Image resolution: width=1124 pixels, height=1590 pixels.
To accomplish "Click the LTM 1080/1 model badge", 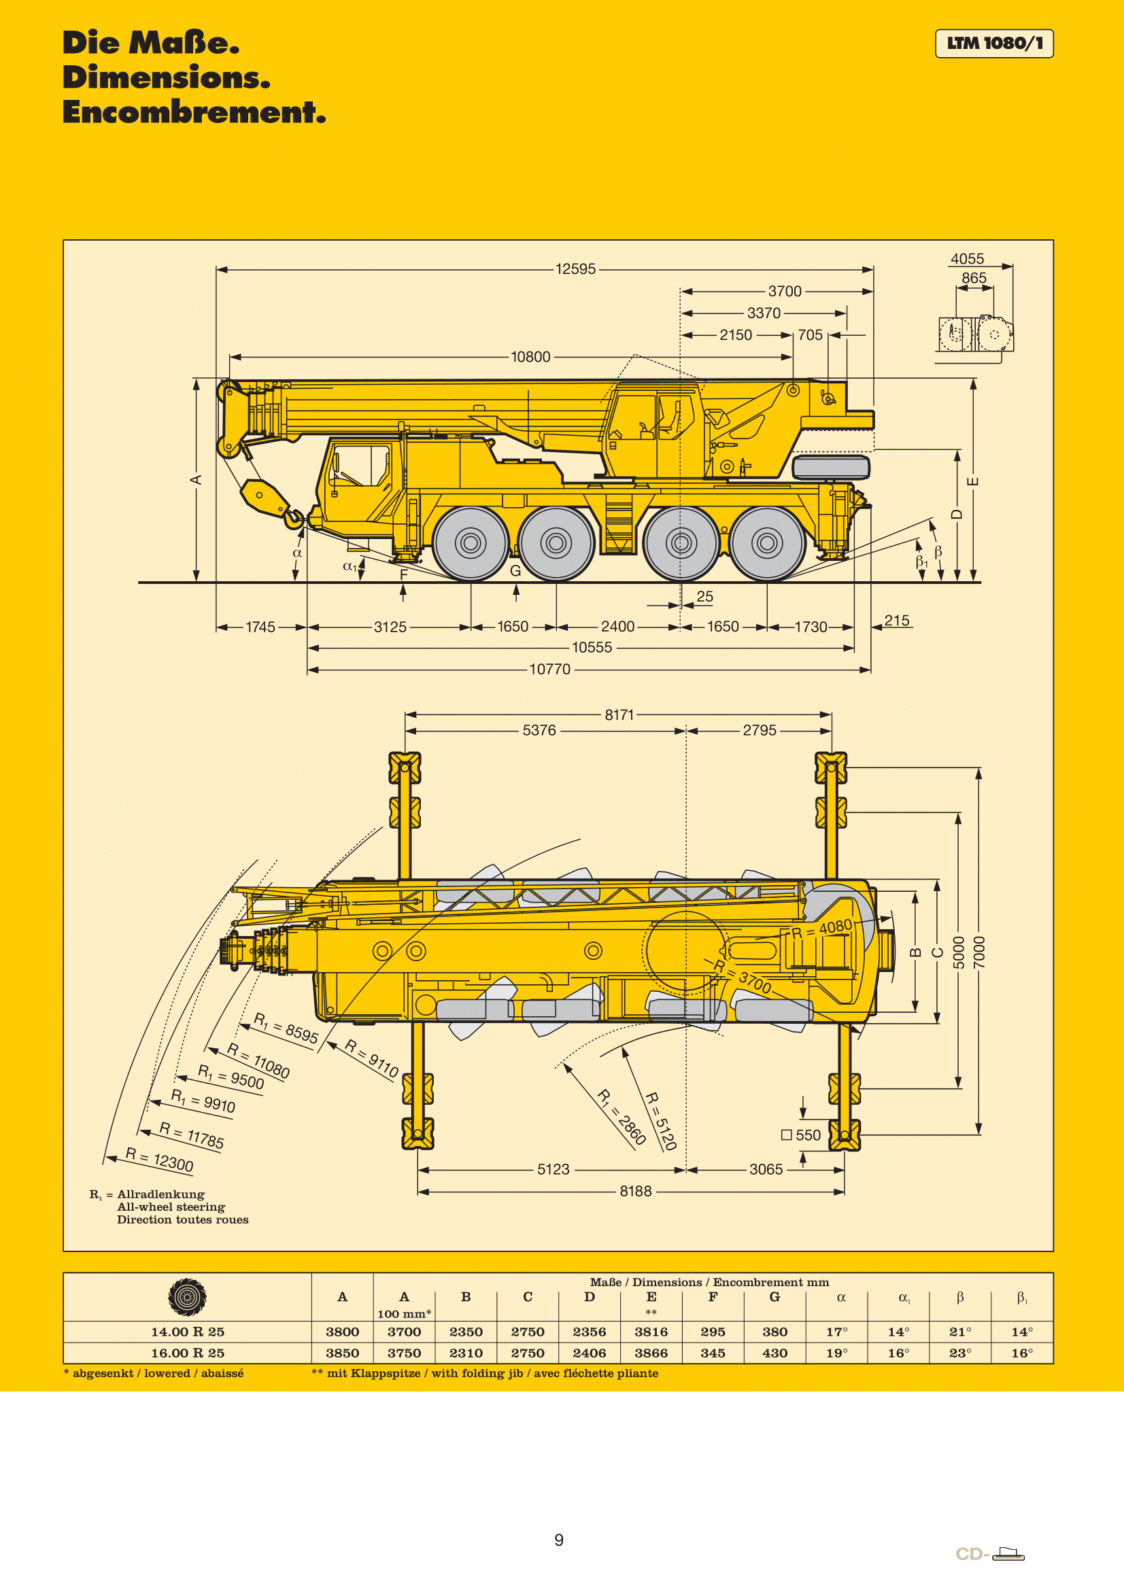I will [993, 44].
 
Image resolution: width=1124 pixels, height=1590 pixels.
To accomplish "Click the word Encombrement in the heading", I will [193, 112].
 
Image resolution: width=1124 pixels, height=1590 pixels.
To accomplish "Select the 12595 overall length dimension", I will [575, 269].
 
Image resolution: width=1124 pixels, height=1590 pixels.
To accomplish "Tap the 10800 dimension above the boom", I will [530, 357].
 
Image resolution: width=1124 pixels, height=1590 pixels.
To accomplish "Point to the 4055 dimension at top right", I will [967, 259].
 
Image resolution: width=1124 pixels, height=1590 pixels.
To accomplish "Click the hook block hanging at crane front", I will [265, 498].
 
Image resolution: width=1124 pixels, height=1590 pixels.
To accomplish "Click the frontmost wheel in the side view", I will [471, 543].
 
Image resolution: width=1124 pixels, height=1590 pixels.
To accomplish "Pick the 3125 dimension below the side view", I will [390, 627].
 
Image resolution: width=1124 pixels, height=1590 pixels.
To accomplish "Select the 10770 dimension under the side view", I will [550, 669].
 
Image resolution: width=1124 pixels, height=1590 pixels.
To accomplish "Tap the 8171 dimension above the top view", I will [619, 714].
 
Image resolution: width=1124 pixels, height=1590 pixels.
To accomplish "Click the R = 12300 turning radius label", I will [159, 1159].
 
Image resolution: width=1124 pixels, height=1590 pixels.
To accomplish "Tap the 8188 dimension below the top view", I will [635, 1191].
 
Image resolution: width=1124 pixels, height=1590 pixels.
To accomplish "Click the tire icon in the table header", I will [187, 1296].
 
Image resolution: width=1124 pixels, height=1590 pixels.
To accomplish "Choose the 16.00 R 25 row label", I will [187, 1353].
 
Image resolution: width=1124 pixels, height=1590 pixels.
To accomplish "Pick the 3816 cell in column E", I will [651, 1332].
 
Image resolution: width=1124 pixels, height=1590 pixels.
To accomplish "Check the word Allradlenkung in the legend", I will [160, 1194].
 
